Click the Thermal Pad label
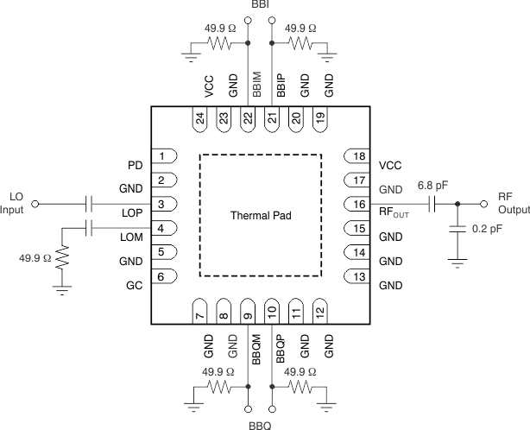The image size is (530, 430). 261,215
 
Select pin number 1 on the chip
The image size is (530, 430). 161,156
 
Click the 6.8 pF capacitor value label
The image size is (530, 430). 432,186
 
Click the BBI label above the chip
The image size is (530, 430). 261,6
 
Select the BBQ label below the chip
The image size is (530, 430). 261,423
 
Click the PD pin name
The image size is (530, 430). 134,164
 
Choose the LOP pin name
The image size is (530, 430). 131,212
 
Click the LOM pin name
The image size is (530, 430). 131,236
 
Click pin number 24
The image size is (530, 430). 200,119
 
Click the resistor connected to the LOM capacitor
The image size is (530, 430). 62,256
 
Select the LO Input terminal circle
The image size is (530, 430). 35,205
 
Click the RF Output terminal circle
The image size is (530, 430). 484,205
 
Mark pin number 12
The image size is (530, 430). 320,311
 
